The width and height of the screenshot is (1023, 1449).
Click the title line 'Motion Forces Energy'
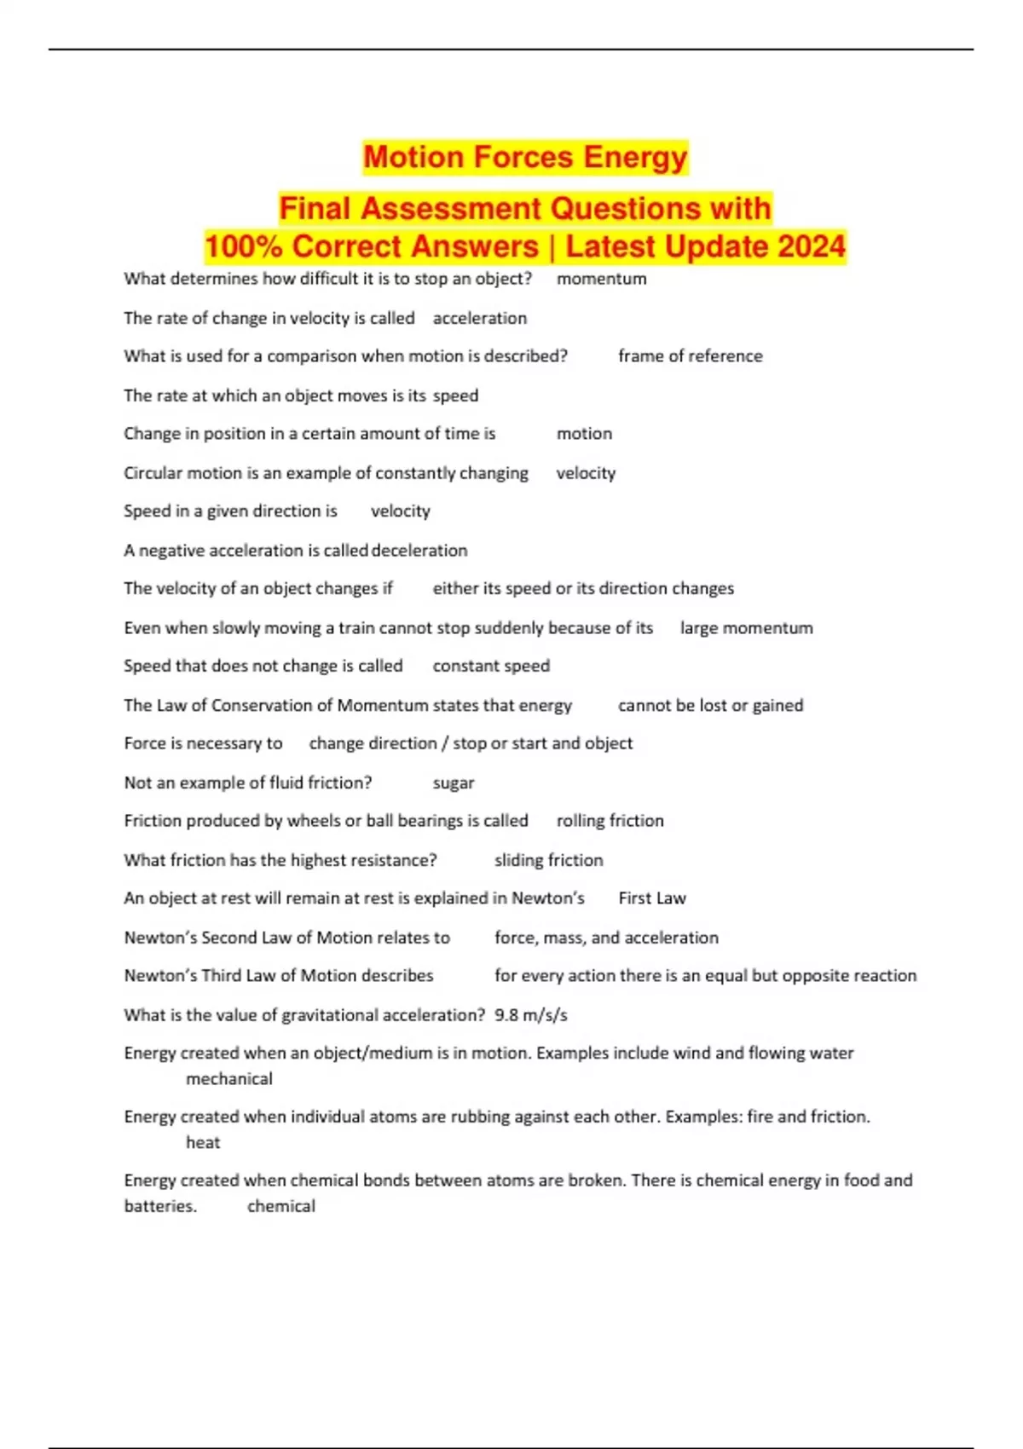pos(525,158)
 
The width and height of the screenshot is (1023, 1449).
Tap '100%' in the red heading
pos(243,246)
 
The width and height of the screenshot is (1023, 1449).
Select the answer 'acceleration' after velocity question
pos(479,318)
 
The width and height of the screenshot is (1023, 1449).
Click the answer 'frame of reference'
pos(690,356)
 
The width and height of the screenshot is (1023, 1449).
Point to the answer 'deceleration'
pos(419,551)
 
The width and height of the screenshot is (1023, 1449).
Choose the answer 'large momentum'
pos(746,628)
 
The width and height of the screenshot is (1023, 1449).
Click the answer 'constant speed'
pos(491,666)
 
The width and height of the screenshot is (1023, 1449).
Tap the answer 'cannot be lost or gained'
pos(710,705)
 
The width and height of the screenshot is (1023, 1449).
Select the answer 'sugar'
pos(454,782)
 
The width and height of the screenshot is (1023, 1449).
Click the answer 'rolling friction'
pos(610,821)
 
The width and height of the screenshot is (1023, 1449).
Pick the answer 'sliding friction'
pos(548,860)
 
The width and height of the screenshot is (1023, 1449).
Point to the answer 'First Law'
pos(652,898)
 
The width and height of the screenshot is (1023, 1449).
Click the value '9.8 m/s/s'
pos(531,1015)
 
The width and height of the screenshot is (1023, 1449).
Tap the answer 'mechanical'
pos(229,1079)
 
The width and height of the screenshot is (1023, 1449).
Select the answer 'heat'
pos(203,1143)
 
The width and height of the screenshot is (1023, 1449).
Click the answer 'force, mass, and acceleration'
pos(606,938)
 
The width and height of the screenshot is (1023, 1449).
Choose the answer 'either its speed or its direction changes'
pos(583,589)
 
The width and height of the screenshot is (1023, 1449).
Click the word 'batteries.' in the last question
pos(160,1207)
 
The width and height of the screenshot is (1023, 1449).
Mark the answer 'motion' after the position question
pos(584,434)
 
